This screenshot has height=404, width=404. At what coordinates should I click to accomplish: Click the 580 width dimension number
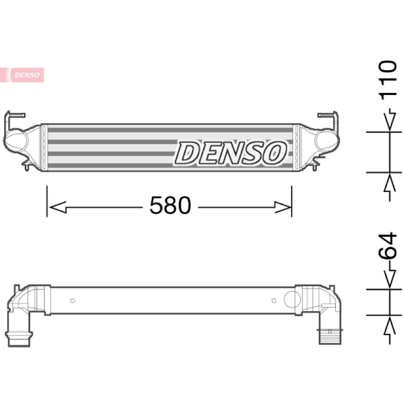(x=170, y=205)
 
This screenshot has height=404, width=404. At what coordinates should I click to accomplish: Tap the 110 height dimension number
(x=388, y=80)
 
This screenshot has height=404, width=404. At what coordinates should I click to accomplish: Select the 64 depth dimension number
(x=387, y=245)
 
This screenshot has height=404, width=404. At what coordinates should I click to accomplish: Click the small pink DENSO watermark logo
(x=22, y=75)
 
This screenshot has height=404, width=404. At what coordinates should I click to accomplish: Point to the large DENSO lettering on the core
(x=231, y=153)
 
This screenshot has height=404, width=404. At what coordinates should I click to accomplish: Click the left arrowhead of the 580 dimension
(x=58, y=207)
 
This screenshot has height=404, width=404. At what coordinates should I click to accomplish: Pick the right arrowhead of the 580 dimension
(x=283, y=207)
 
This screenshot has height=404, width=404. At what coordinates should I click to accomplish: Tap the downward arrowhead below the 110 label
(x=390, y=121)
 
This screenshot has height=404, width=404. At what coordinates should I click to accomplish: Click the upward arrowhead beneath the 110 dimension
(x=390, y=184)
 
